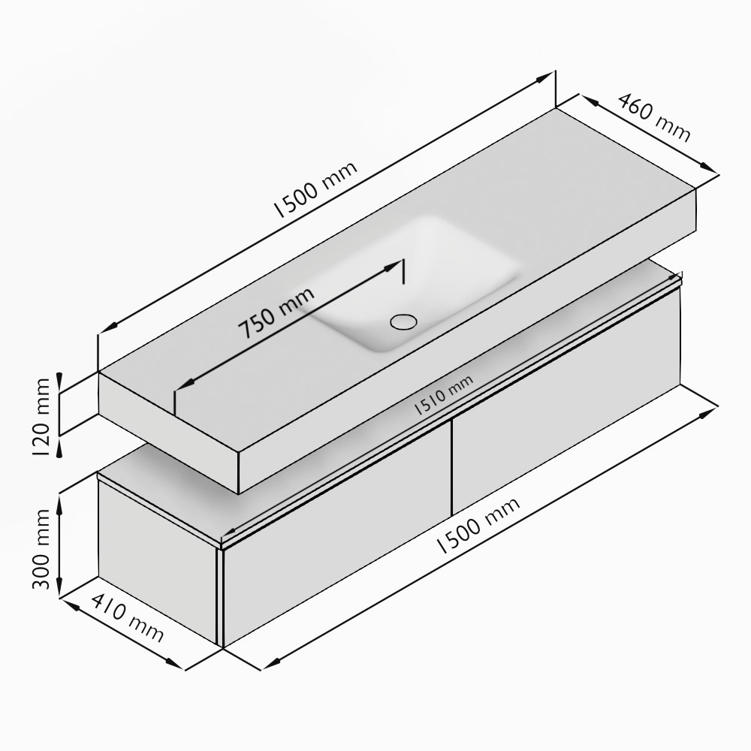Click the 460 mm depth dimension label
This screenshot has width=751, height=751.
[x=654, y=117]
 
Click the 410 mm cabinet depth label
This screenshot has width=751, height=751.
[x=128, y=618]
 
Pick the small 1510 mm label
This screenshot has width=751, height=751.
[x=443, y=395]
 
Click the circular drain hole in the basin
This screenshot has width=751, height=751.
[x=404, y=321]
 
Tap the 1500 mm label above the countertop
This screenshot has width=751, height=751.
[x=315, y=189]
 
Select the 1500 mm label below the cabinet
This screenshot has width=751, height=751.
[x=478, y=526]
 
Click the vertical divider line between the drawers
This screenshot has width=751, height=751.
[x=451, y=468]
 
